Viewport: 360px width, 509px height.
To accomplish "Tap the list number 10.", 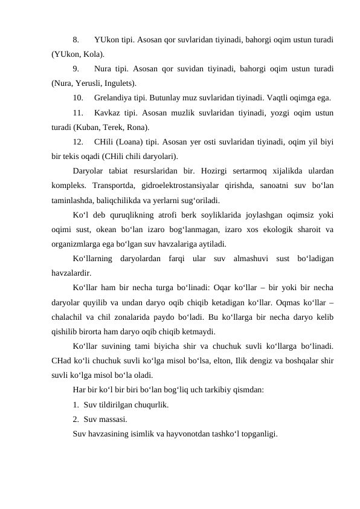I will pyautogui.click(x=78, y=98).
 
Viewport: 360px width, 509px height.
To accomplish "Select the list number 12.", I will pyautogui.click(x=78, y=142).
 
